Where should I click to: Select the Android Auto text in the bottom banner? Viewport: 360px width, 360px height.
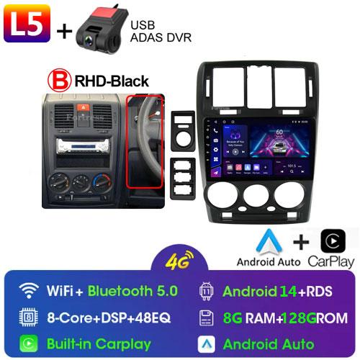click(x=268, y=343)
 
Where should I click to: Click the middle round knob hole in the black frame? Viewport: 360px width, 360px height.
click(x=257, y=195)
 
